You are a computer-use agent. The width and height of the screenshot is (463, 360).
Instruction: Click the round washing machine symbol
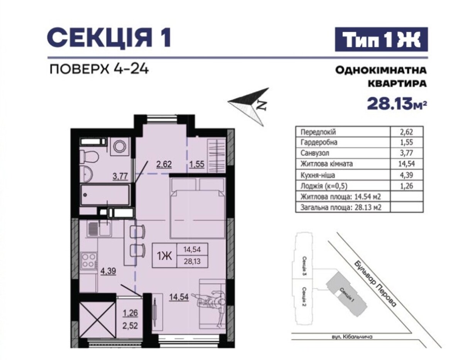tap(120, 146)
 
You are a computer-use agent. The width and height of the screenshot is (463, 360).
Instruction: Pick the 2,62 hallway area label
tap(164, 164)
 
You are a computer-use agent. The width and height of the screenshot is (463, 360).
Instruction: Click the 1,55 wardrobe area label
tap(197, 164)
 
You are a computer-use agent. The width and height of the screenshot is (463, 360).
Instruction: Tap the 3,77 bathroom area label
tap(120, 176)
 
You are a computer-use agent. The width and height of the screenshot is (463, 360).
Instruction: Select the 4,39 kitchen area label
tap(109, 271)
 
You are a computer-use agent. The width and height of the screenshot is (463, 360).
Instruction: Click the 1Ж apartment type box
tap(180, 255)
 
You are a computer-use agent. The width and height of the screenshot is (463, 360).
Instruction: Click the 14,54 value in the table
tap(407, 164)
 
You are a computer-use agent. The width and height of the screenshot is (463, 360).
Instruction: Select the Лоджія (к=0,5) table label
tap(324, 186)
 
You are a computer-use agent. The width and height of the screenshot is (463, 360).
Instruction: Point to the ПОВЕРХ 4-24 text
tap(99, 69)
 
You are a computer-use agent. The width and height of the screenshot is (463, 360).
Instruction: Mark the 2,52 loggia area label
tap(130, 326)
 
